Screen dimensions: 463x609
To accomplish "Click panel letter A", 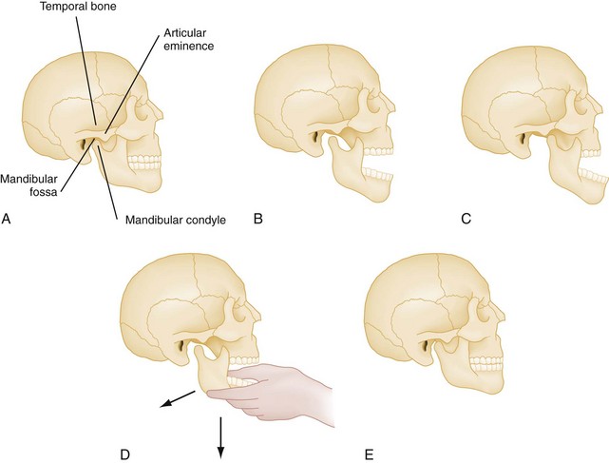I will (x=8, y=220).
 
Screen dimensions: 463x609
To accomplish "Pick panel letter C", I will (x=466, y=220).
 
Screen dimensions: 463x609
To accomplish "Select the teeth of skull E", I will (x=489, y=365).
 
